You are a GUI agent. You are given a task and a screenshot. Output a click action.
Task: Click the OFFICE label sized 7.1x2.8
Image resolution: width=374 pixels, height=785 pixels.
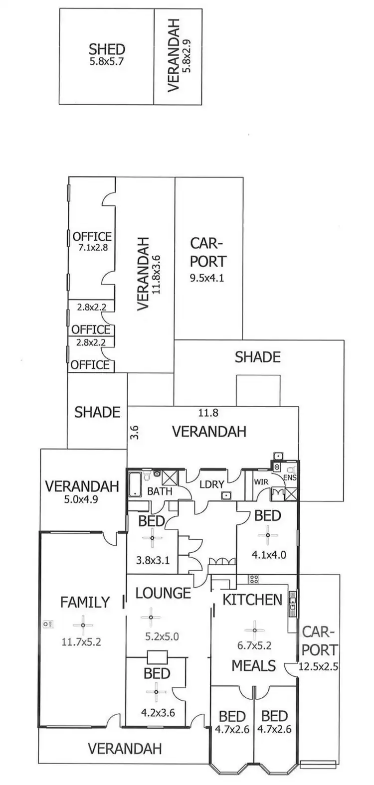click(92, 236)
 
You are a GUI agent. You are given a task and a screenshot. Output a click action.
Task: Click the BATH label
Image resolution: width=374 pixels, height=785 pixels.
click(160, 491)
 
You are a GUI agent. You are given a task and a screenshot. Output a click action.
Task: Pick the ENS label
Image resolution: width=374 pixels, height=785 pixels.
click(290, 479)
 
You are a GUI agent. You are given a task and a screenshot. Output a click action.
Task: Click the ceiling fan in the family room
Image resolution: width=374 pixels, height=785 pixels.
click(83, 623)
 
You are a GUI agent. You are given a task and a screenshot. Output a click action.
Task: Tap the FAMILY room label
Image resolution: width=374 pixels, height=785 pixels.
click(85, 602)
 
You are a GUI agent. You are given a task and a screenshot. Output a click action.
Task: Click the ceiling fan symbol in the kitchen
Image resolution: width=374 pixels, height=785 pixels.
click(254, 629)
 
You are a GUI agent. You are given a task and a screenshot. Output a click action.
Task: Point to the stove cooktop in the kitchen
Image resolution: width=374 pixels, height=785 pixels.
click(253, 579)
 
